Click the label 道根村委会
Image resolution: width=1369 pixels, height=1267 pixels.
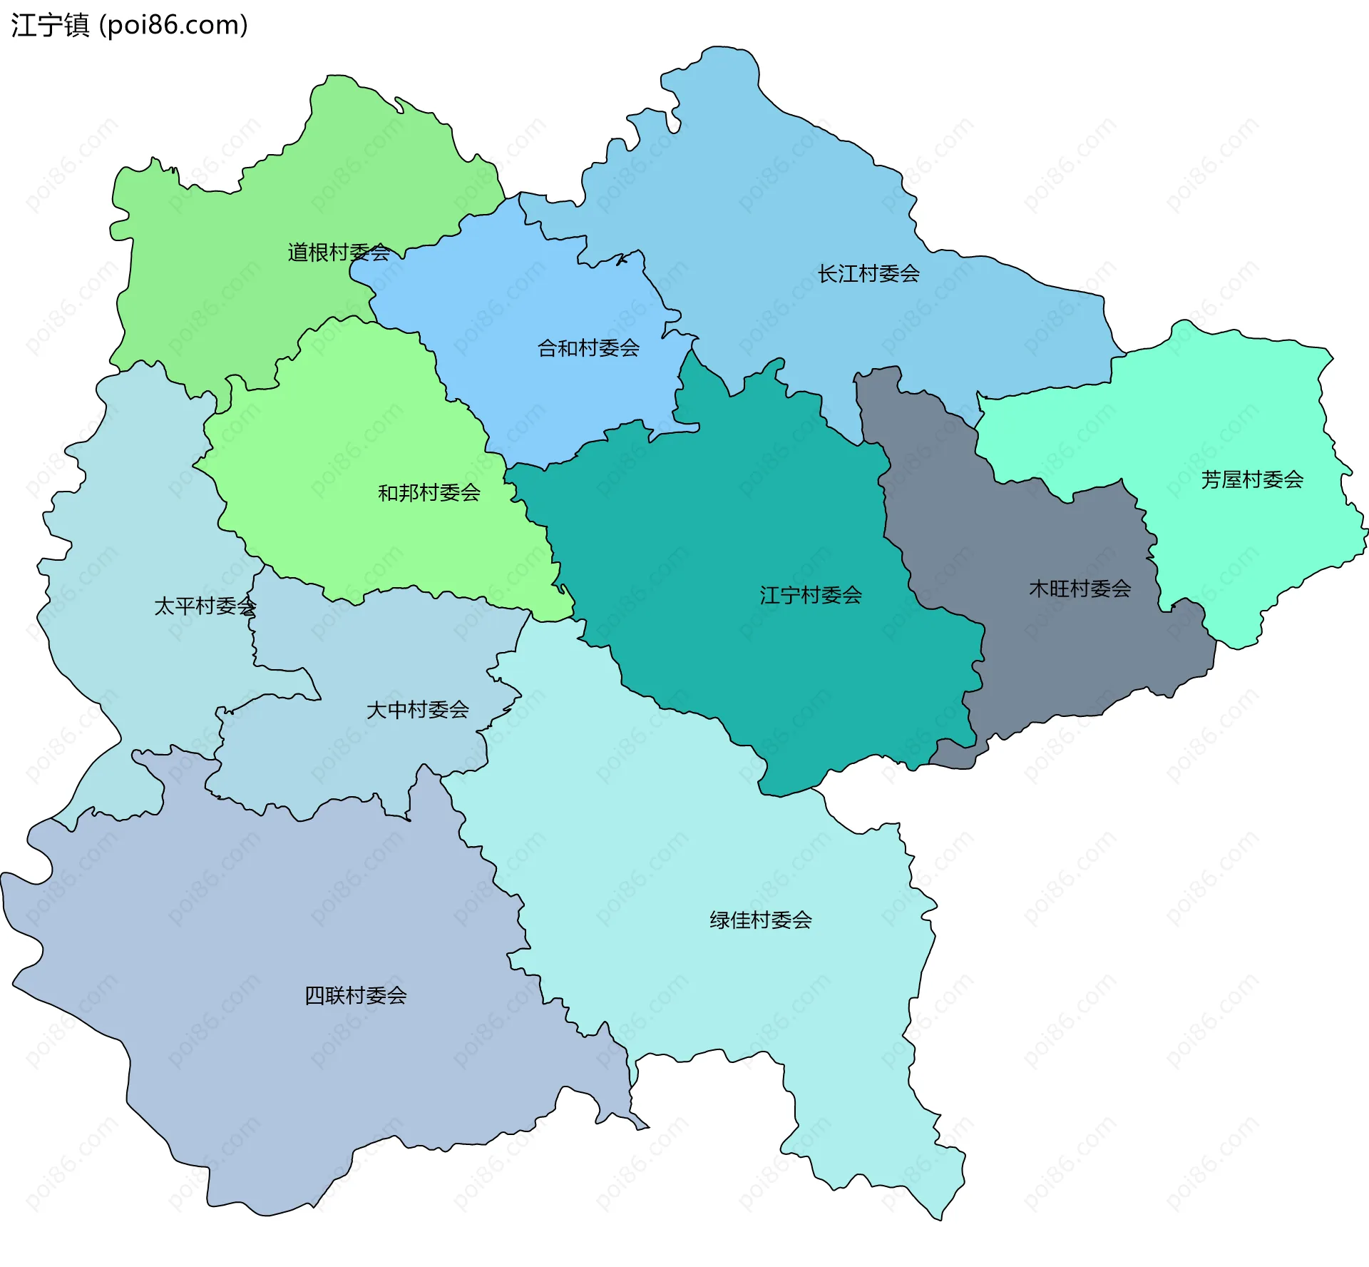[x=339, y=253]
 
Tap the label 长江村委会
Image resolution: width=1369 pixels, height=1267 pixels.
[x=868, y=274]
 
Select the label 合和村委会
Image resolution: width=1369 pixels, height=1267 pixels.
[x=588, y=348]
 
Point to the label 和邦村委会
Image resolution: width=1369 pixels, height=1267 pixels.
[x=429, y=493]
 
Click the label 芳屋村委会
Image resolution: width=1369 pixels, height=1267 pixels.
[x=1252, y=480]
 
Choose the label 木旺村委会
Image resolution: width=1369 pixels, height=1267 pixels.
[x=1080, y=589]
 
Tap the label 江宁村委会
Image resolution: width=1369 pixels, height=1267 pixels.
[x=811, y=596]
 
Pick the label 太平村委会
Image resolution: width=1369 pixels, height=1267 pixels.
[x=205, y=606]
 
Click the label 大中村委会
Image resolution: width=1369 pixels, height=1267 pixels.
[x=418, y=710]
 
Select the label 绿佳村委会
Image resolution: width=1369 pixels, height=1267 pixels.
[x=761, y=920]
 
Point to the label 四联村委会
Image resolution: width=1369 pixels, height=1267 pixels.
[x=356, y=995]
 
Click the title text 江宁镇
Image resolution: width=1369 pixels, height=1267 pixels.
[x=50, y=25]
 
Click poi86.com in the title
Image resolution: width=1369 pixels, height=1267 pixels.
[x=173, y=25]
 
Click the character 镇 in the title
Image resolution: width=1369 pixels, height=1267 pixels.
[x=76, y=25]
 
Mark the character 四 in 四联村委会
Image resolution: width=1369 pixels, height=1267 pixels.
[x=314, y=995]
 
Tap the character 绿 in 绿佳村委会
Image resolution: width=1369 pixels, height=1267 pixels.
[x=719, y=920]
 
